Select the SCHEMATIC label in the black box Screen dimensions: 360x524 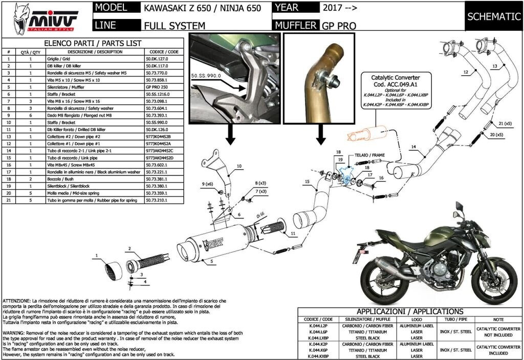(494, 16)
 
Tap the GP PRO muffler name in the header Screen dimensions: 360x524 (339, 25)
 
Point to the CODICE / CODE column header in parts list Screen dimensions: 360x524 (164, 52)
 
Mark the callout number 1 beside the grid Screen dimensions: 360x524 (96, 255)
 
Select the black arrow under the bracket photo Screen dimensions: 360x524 (231, 135)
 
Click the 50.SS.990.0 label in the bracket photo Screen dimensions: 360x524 (206, 75)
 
